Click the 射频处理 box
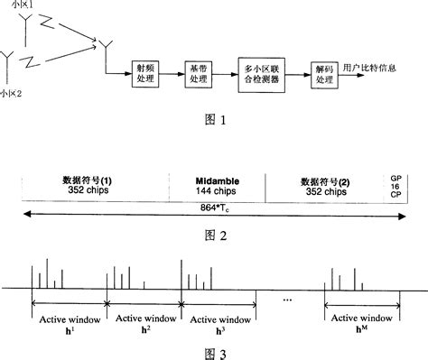point(142,75)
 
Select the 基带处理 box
point(198,75)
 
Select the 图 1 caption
point(211,117)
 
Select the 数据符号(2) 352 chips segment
point(328,186)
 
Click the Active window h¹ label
point(69,322)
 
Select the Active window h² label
point(144,322)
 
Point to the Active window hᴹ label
point(360,322)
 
